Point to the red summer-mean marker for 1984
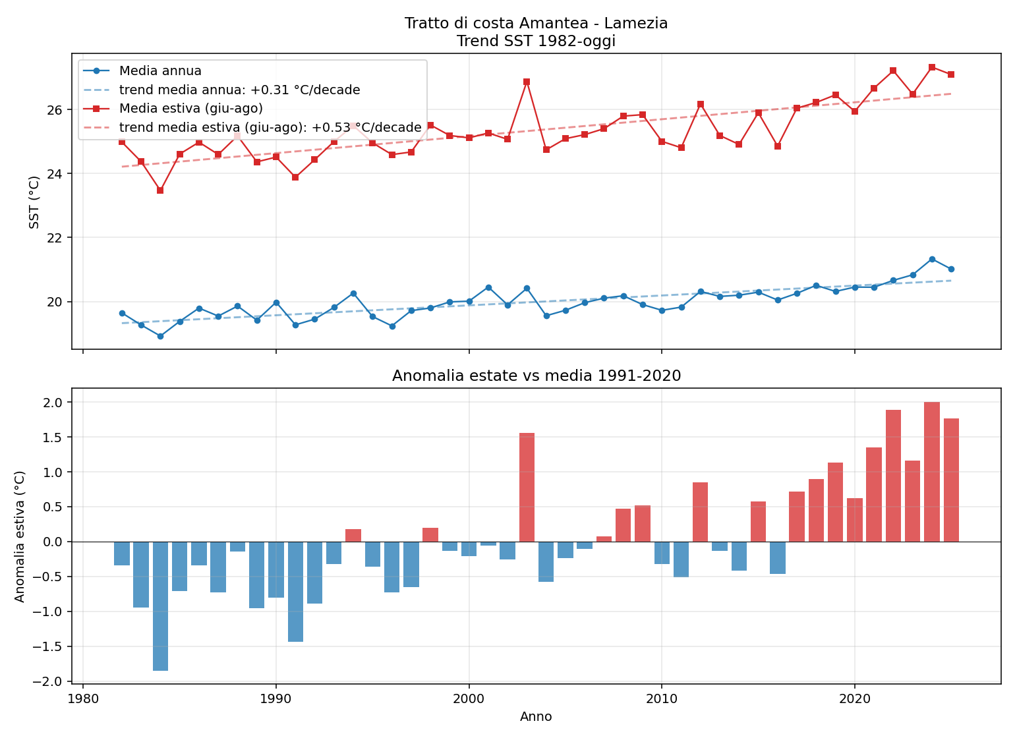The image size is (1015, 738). tap(161, 190)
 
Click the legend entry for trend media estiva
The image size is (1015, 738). tap(252, 128)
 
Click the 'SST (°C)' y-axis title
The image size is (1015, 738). tap(34, 202)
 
